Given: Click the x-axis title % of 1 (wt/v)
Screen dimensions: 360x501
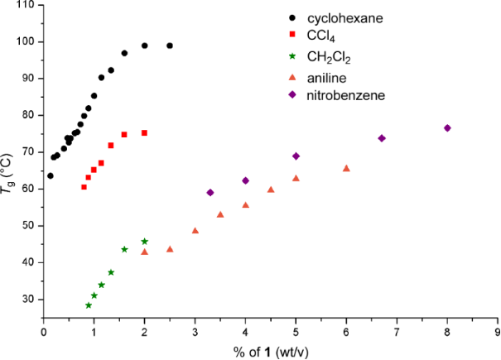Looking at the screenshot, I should (x=270, y=350).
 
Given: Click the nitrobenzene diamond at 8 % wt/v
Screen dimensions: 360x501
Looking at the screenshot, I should (x=447, y=128).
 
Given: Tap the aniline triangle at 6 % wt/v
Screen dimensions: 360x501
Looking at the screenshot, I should (x=346, y=168).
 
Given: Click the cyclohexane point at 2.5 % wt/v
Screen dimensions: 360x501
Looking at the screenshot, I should (x=170, y=46).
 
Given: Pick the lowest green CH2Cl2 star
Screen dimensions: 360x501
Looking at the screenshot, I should (x=89, y=305).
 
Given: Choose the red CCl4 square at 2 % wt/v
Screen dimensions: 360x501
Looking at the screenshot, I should (x=144, y=132).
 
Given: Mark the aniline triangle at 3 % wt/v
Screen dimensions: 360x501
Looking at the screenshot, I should (x=195, y=231).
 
